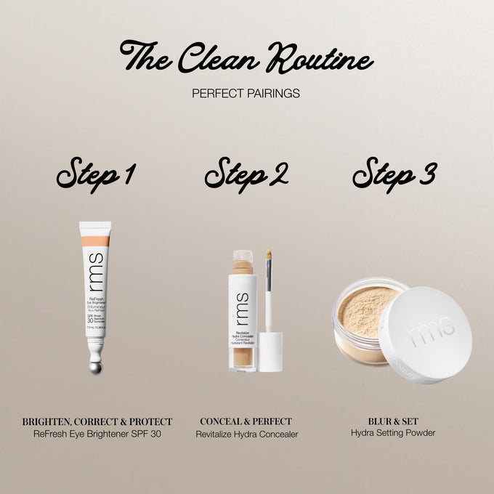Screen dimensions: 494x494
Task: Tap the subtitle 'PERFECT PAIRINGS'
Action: (x=246, y=94)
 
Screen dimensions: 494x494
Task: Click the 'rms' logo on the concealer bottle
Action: (x=243, y=299)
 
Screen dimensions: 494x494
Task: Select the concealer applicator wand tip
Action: (x=269, y=256)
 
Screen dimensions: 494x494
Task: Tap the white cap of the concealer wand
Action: (x=270, y=352)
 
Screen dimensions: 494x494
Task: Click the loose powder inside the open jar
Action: (x=368, y=310)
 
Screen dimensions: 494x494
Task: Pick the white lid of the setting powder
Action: (x=425, y=336)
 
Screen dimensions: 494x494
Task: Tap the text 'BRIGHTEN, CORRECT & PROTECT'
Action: (x=97, y=421)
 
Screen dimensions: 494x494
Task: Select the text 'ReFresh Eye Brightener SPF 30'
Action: (x=97, y=434)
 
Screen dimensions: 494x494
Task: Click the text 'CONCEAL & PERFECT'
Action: (x=246, y=421)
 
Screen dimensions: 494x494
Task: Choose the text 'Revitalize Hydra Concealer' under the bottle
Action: (x=246, y=434)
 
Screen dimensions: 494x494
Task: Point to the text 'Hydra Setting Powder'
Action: (x=393, y=434)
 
